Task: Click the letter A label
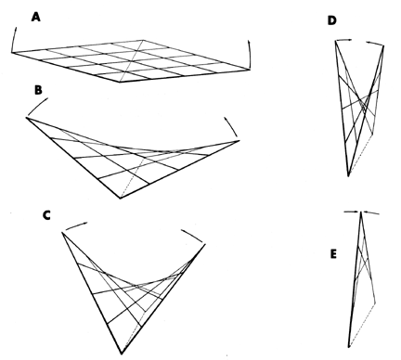(36, 17)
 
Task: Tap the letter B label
(38, 90)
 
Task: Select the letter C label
(46, 215)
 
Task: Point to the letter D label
(331, 20)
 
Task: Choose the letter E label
(333, 254)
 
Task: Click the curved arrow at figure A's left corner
(13, 40)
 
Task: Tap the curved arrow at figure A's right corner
(249, 55)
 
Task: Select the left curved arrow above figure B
(36, 106)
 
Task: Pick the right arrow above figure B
(231, 126)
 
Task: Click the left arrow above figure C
(76, 225)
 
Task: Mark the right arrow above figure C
(192, 236)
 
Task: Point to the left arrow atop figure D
(343, 40)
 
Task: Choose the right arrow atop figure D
(375, 44)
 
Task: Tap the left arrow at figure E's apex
(352, 212)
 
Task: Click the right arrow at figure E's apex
(371, 212)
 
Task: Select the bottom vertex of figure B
(120, 199)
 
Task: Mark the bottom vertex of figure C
(122, 354)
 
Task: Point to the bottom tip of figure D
(348, 176)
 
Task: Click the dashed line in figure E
(362, 325)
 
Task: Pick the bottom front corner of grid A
(121, 82)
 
